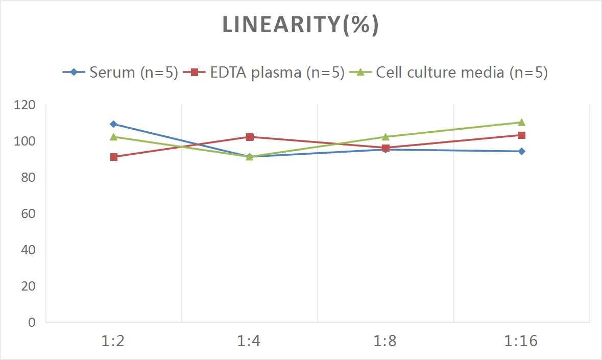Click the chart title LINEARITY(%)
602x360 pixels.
tap(300, 25)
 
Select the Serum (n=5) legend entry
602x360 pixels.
tap(121, 73)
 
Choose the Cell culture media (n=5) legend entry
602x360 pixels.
tap(449, 73)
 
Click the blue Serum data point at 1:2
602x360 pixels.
tap(113, 124)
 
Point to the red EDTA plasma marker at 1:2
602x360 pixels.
tap(113, 157)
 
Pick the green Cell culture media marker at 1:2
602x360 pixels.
tap(113, 137)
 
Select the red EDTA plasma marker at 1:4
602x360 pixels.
tap(250, 137)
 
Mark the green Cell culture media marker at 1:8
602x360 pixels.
tap(386, 137)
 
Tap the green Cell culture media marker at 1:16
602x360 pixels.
tap(521, 122)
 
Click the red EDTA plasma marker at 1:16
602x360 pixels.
tap(521, 135)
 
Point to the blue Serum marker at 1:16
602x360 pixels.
tap(521, 151)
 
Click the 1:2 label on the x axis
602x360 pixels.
tap(113, 341)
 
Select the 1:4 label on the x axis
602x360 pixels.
tap(250, 341)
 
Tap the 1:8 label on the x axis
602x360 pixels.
tap(386, 341)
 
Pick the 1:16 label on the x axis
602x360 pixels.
tap(521, 341)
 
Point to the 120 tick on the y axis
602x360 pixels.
tap(25, 105)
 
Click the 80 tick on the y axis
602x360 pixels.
tap(28, 177)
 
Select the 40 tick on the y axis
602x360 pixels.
tap(28, 250)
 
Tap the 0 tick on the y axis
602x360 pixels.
tap(32, 322)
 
